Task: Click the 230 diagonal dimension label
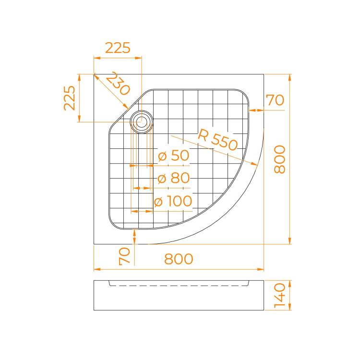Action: click(x=118, y=84)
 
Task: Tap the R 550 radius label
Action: click(x=217, y=140)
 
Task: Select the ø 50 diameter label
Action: click(x=174, y=156)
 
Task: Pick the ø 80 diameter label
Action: click(x=174, y=178)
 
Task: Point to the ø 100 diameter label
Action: click(x=173, y=201)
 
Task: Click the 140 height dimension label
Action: click(x=280, y=295)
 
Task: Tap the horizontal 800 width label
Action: click(x=179, y=259)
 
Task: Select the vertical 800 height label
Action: click(x=280, y=159)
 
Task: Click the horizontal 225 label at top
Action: click(x=118, y=48)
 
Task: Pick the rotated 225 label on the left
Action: click(x=70, y=98)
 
